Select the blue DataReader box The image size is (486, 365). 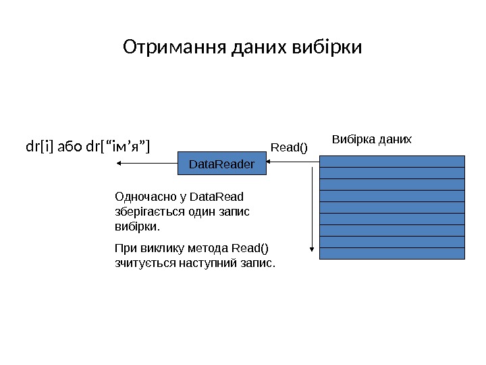pyautogui.click(x=221, y=164)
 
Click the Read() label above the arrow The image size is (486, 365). pyautogui.click(x=288, y=147)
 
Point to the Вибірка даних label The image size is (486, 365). pyautogui.click(x=371, y=139)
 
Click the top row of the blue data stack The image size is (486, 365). pyautogui.click(x=391, y=161)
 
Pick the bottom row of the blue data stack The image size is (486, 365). pyautogui.click(x=391, y=253)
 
